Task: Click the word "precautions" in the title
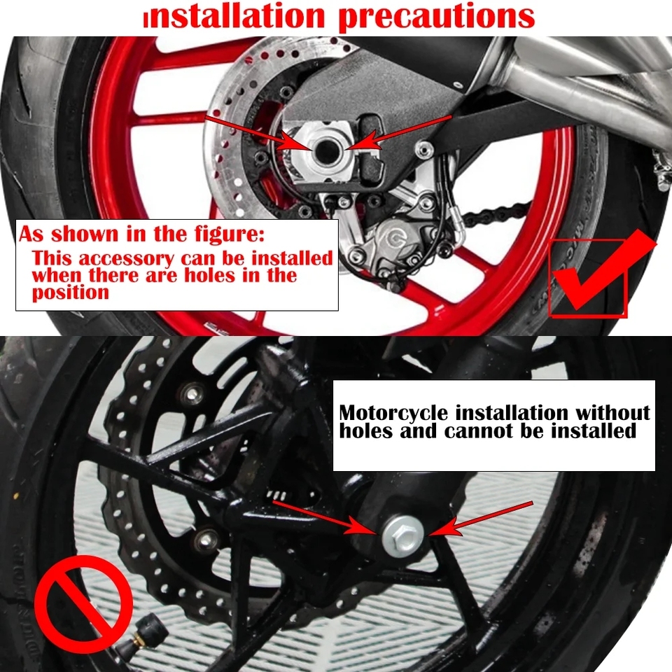[437, 16]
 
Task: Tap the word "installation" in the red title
[234, 16]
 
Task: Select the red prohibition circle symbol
[83, 598]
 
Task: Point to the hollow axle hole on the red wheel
[327, 150]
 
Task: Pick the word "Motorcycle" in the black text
[393, 414]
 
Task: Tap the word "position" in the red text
[71, 294]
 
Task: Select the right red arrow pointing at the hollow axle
[398, 132]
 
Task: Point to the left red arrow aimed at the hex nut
[325, 518]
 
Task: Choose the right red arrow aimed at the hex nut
[480, 519]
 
